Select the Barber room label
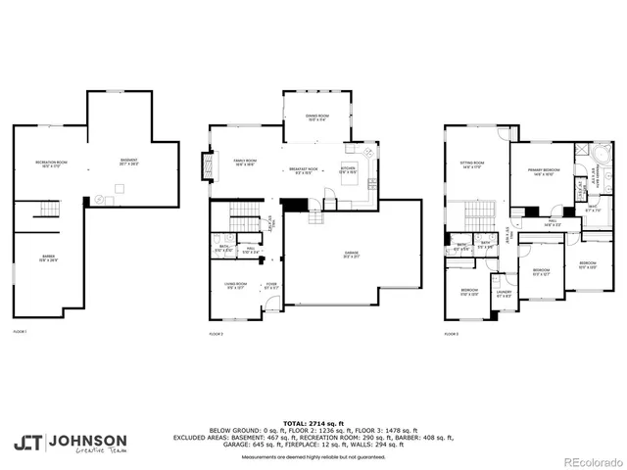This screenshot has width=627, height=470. [x=48, y=259]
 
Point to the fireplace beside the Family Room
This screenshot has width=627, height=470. [x=206, y=165]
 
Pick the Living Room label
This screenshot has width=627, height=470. [x=236, y=286]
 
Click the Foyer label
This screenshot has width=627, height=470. [x=271, y=286]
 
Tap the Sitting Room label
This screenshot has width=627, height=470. [x=473, y=164]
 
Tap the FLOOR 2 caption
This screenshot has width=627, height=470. [x=217, y=334]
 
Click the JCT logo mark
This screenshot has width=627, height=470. [x=27, y=442]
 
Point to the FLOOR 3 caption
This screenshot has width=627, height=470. [x=451, y=334]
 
